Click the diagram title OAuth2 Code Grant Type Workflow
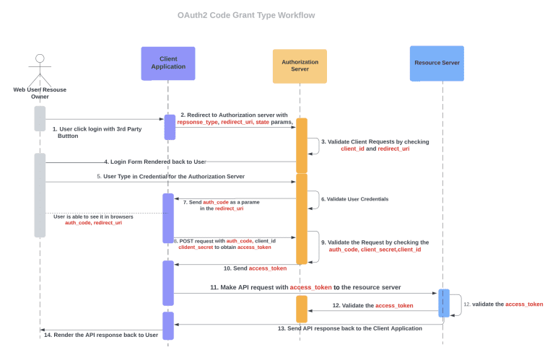tap(246, 15)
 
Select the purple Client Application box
tap(167, 63)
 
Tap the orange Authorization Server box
tap(300, 66)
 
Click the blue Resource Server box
tap(437, 63)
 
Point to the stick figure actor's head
tap(40, 58)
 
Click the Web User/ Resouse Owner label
tap(40, 92)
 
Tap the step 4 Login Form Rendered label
tap(154, 162)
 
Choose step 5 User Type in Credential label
tap(170, 176)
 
